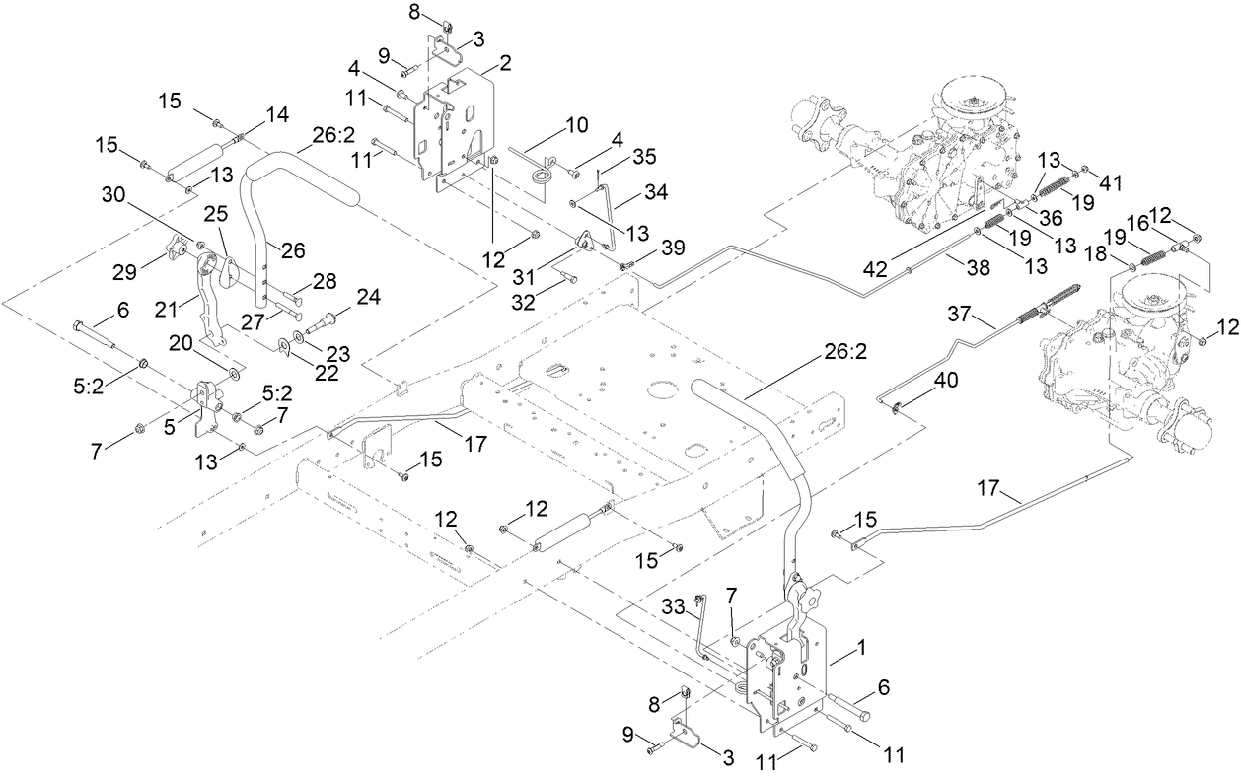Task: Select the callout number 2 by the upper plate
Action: pyautogui.click(x=505, y=62)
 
